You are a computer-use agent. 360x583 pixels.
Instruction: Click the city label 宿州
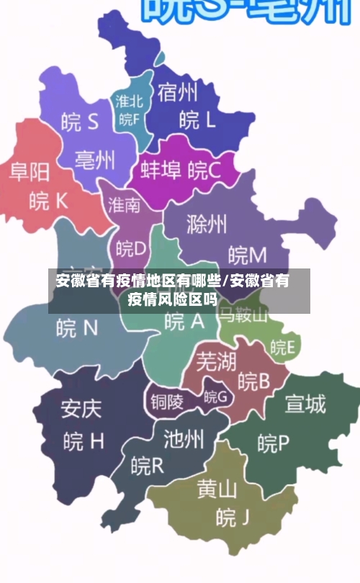(x=178, y=93)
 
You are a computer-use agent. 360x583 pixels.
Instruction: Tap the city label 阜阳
(x=30, y=171)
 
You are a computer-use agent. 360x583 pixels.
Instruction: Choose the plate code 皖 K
(x=48, y=201)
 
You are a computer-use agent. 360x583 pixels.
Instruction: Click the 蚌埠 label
(x=160, y=171)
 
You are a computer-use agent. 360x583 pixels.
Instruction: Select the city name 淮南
(x=125, y=205)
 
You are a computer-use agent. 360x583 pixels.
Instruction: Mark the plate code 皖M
(x=247, y=254)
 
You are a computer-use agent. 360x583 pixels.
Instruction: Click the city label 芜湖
(x=216, y=361)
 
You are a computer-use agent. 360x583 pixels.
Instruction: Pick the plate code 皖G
(x=215, y=396)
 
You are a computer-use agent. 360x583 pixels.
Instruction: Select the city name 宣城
(x=305, y=405)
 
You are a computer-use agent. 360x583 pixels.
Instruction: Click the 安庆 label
(x=81, y=408)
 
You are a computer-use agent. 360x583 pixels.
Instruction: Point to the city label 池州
(x=184, y=438)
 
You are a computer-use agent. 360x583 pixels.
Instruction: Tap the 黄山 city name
(x=217, y=489)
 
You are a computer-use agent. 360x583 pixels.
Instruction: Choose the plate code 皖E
(x=282, y=348)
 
